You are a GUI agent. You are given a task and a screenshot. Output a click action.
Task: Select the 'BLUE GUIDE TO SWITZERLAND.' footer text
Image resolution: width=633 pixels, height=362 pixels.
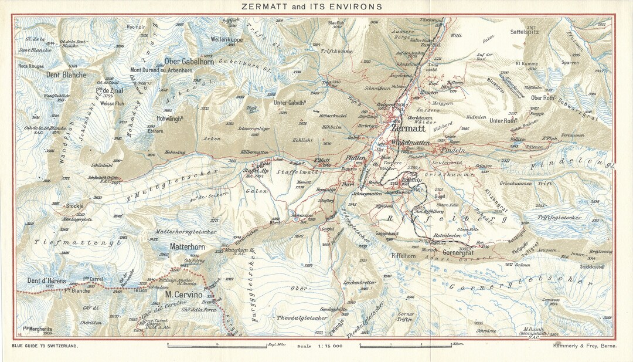click(45, 346)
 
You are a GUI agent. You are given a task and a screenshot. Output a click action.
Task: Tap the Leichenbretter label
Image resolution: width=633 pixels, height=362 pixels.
click(359, 282)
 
